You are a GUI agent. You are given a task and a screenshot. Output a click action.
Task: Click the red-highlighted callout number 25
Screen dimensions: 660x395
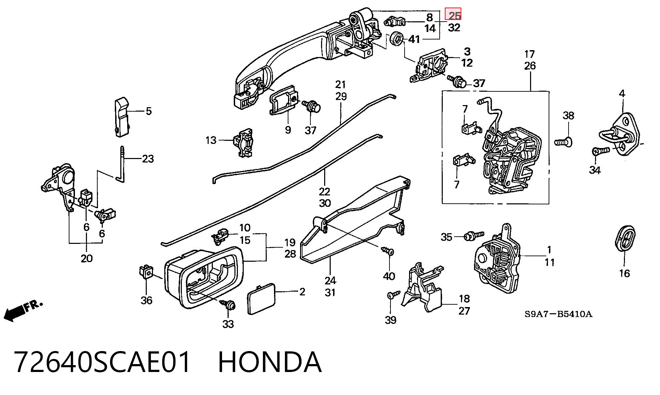(x=454, y=15)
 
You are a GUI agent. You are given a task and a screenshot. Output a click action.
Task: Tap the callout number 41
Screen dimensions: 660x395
(x=414, y=39)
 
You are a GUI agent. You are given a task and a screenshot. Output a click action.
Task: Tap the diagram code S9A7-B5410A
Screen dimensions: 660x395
(x=558, y=314)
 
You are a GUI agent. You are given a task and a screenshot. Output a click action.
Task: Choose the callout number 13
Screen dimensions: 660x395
(x=211, y=140)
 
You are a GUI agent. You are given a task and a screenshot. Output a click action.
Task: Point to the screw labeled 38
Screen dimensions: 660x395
(x=564, y=142)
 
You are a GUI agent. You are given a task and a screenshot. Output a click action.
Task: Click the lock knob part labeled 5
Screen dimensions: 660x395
(x=122, y=117)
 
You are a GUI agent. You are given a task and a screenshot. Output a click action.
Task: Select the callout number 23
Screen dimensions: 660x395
(x=148, y=159)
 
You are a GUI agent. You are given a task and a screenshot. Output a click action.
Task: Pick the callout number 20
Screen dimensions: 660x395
(x=87, y=258)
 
